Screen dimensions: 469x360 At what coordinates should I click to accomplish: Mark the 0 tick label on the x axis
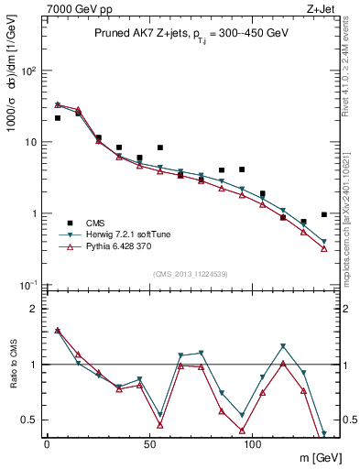[x=48, y=443]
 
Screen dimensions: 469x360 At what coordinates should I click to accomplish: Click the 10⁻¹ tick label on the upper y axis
[x=27, y=285]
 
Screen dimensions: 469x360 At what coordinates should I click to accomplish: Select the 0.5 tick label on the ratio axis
[x=29, y=420]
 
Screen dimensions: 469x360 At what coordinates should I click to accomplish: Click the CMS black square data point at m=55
[x=160, y=147]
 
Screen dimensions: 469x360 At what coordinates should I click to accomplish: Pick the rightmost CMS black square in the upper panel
[x=324, y=214]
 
